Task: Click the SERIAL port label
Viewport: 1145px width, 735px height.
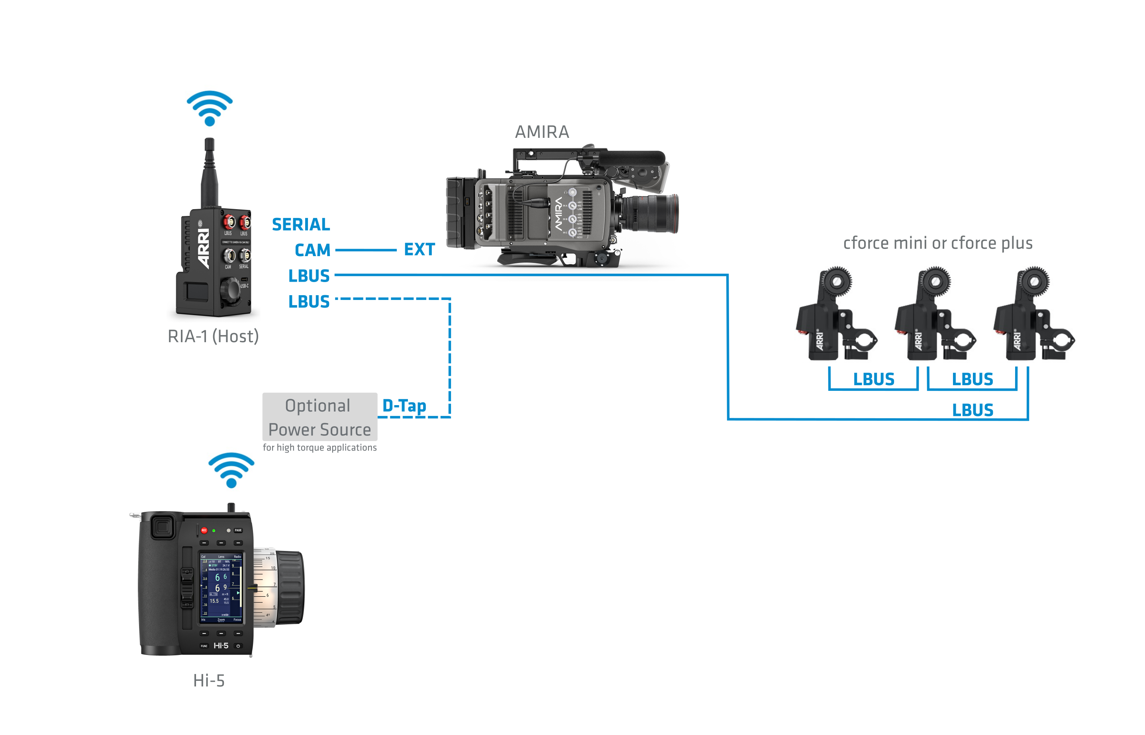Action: point(301,224)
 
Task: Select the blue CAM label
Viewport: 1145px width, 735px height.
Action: point(313,250)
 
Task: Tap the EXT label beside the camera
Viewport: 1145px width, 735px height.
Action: point(419,249)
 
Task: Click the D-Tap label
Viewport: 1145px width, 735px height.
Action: point(404,406)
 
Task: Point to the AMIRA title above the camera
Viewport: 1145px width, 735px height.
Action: point(542,132)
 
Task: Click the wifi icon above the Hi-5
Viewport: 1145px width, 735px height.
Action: point(231,470)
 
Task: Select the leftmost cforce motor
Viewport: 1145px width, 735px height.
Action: point(835,315)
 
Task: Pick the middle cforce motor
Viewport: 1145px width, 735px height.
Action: point(934,315)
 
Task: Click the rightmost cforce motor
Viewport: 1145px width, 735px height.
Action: point(1033,315)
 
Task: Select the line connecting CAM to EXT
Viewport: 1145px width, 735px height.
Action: point(366,250)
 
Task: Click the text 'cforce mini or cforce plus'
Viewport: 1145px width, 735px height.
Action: point(937,243)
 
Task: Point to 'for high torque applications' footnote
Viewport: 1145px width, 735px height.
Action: point(319,448)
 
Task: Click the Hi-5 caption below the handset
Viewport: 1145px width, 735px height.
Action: point(209,680)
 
